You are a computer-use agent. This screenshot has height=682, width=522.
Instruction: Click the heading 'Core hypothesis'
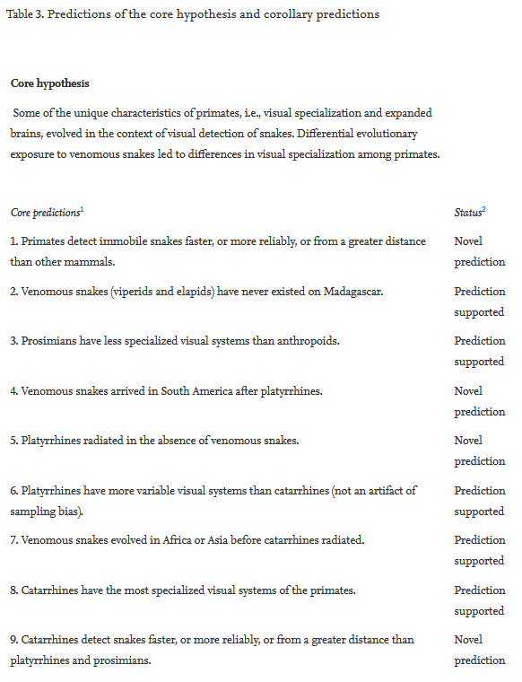click(x=49, y=83)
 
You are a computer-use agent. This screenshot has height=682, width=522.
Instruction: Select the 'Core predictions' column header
click(x=47, y=213)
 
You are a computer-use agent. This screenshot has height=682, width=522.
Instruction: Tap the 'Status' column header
click(x=469, y=213)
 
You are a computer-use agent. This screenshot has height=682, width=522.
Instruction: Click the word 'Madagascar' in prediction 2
click(x=352, y=292)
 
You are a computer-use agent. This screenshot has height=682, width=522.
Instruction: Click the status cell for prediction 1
click(x=479, y=251)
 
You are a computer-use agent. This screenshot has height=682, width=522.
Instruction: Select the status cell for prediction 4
click(x=479, y=401)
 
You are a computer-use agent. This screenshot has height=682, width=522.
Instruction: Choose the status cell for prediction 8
click(x=479, y=600)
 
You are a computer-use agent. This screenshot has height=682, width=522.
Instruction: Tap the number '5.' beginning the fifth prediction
click(x=14, y=441)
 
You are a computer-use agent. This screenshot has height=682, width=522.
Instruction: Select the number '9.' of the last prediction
click(x=14, y=640)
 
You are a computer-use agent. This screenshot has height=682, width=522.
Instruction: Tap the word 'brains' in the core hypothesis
click(x=27, y=134)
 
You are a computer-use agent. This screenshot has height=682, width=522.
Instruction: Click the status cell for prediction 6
click(x=479, y=501)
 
